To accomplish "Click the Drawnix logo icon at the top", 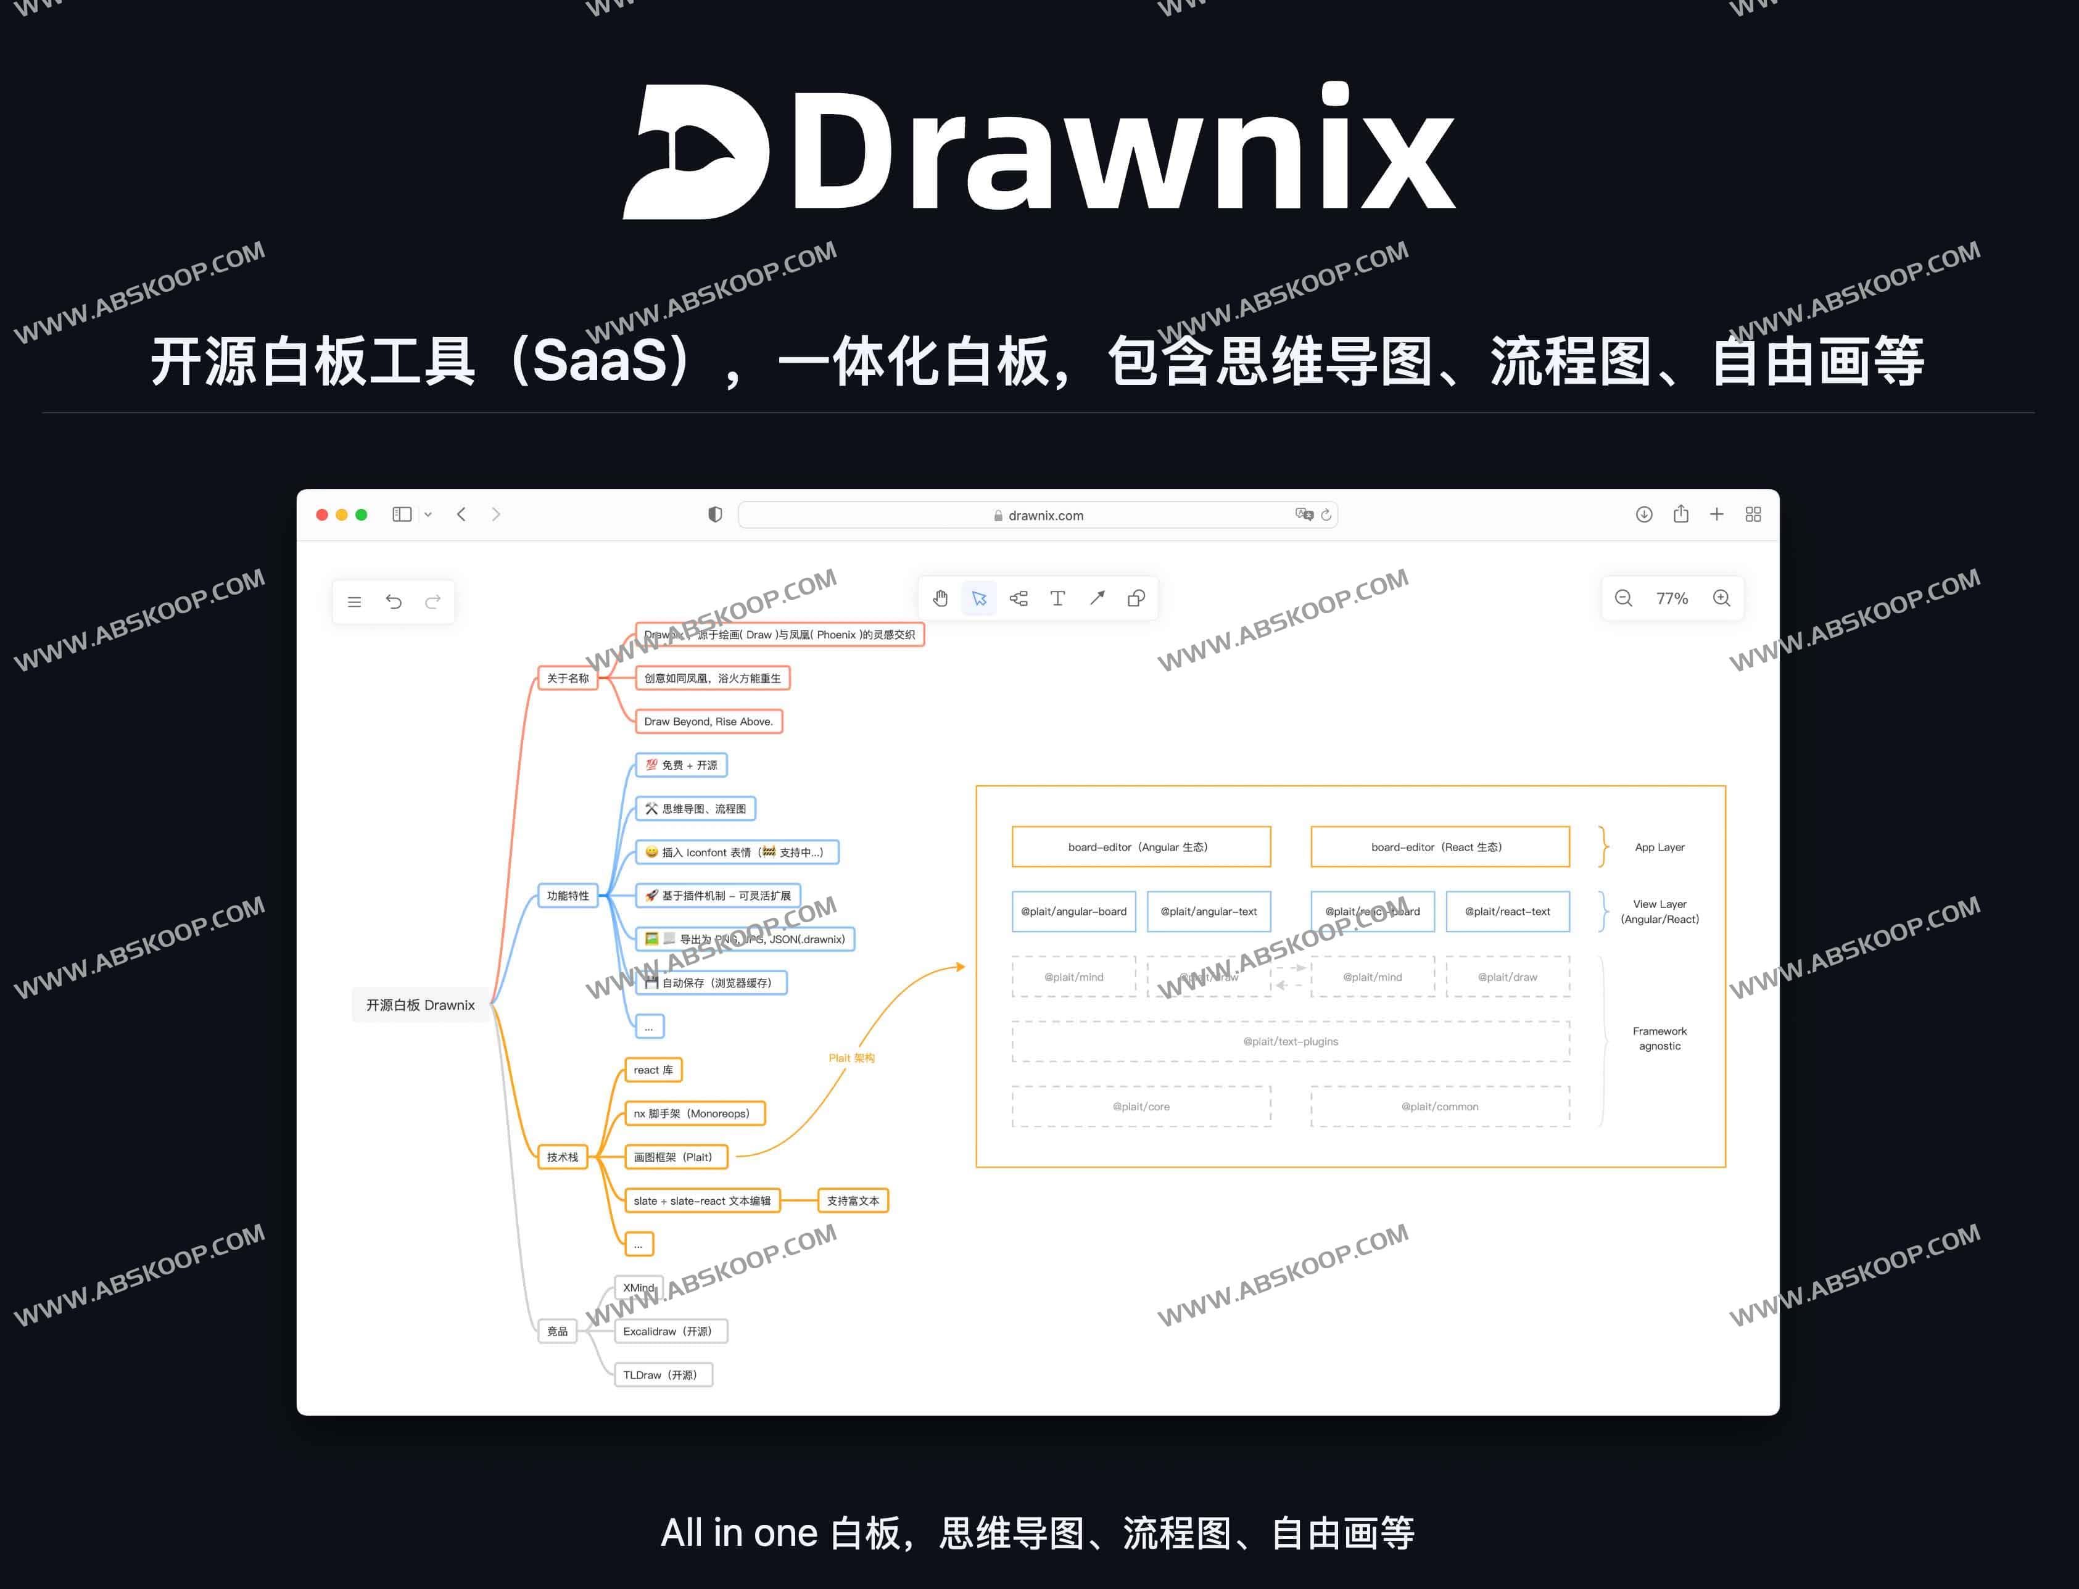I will tap(695, 151).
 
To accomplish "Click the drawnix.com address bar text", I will tap(1045, 516).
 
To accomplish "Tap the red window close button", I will tap(321, 514).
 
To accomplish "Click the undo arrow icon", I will tap(394, 601).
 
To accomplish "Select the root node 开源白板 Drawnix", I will tap(420, 1004).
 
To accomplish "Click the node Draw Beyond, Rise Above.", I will tap(708, 722).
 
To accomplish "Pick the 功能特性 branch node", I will tap(568, 896).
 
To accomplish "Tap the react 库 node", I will tap(653, 1070).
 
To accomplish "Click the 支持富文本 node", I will tap(852, 1201).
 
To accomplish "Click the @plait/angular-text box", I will tap(1208, 912).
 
